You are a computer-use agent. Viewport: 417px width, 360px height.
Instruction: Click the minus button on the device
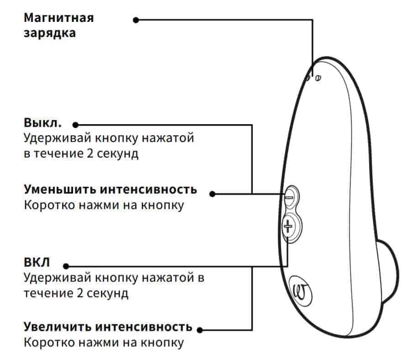290,197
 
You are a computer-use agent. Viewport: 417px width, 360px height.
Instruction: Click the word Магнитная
58,18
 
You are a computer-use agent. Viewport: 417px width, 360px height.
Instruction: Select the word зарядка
50,33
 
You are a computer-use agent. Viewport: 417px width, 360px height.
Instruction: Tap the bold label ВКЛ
37,263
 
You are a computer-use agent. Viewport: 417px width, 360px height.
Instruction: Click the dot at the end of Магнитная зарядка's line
135,20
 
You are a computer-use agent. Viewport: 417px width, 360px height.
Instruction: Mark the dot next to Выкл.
75,125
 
